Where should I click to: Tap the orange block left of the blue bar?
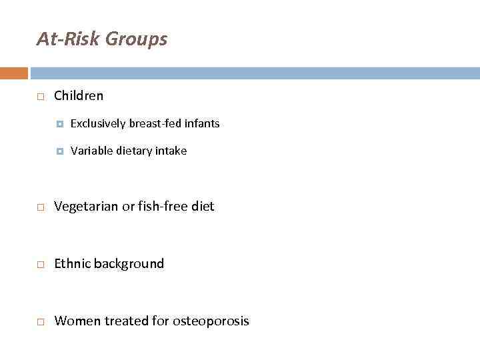coord(14,73)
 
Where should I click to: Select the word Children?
coord(79,95)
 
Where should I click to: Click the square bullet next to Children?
coord(40,97)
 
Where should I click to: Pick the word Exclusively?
coord(98,123)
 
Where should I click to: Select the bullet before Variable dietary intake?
coord(60,151)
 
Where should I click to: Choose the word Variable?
coord(91,151)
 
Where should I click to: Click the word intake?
coord(171,151)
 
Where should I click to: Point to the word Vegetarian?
coord(86,207)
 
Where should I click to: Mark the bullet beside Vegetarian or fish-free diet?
coord(40,208)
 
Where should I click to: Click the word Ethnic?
coord(72,263)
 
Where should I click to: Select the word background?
coord(129,264)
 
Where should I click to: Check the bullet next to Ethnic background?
coord(40,265)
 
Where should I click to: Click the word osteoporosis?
coord(211,321)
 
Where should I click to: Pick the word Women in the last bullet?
coord(73,321)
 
